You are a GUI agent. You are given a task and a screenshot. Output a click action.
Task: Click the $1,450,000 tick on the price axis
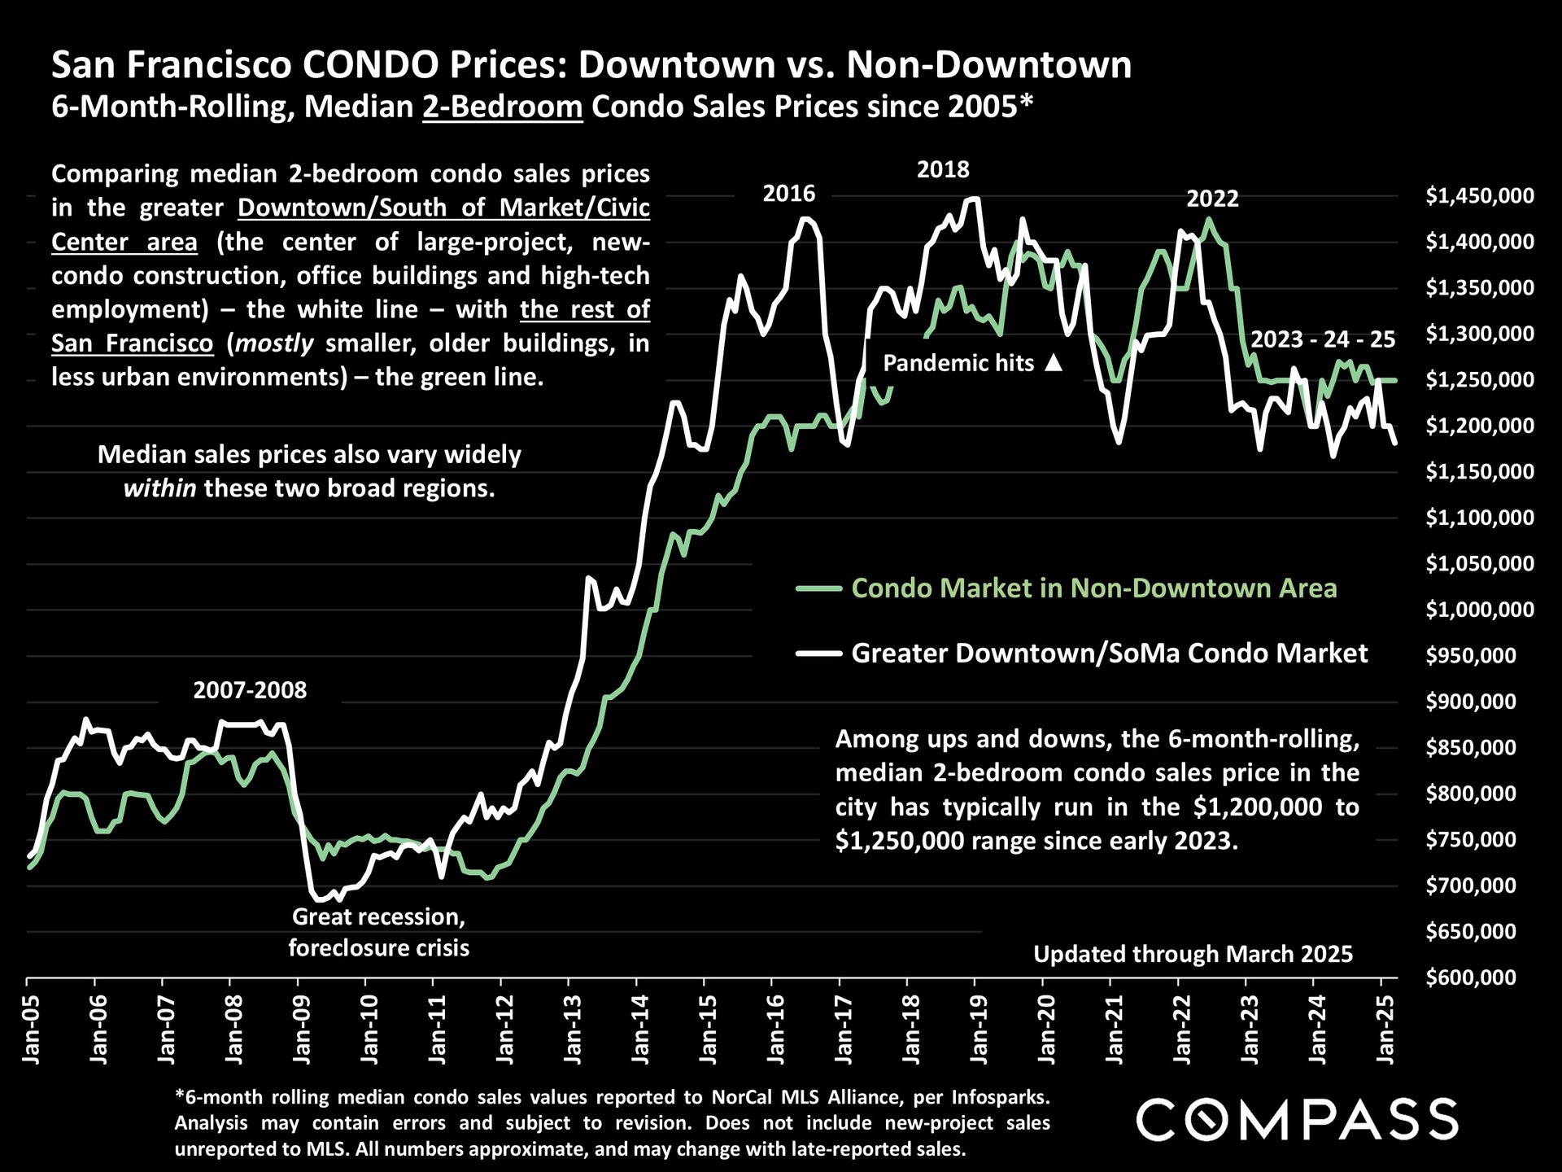[x=1479, y=196]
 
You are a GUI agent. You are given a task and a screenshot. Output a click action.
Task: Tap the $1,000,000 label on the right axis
[x=1479, y=610]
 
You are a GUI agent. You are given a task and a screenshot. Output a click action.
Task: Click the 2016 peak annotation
[x=788, y=194]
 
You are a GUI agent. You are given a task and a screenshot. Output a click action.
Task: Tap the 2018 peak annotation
[x=943, y=170]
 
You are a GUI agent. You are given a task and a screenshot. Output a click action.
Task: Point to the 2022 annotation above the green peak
[x=1212, y=199]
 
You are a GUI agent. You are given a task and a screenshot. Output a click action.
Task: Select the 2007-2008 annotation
[x=250, y=690]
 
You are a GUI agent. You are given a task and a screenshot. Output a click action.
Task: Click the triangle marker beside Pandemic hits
[x=1054, y=363]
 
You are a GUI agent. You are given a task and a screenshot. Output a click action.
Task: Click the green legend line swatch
[x=818, y=588]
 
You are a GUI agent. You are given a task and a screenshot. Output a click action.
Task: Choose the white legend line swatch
[x=818, y=653]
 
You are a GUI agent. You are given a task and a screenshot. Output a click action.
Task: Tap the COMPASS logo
[x=1297, y=1119]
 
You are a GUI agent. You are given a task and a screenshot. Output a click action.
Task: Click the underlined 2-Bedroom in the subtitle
[x=502, y=107]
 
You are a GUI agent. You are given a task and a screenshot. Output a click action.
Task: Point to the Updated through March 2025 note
[x=1193, y=954]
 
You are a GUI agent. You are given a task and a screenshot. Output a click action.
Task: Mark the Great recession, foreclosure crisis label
[x=379, y=932]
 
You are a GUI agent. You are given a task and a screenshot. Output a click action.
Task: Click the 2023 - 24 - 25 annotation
[x=1323, y=339]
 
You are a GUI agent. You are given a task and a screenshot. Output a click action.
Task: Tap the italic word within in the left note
[x=159, y=488]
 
